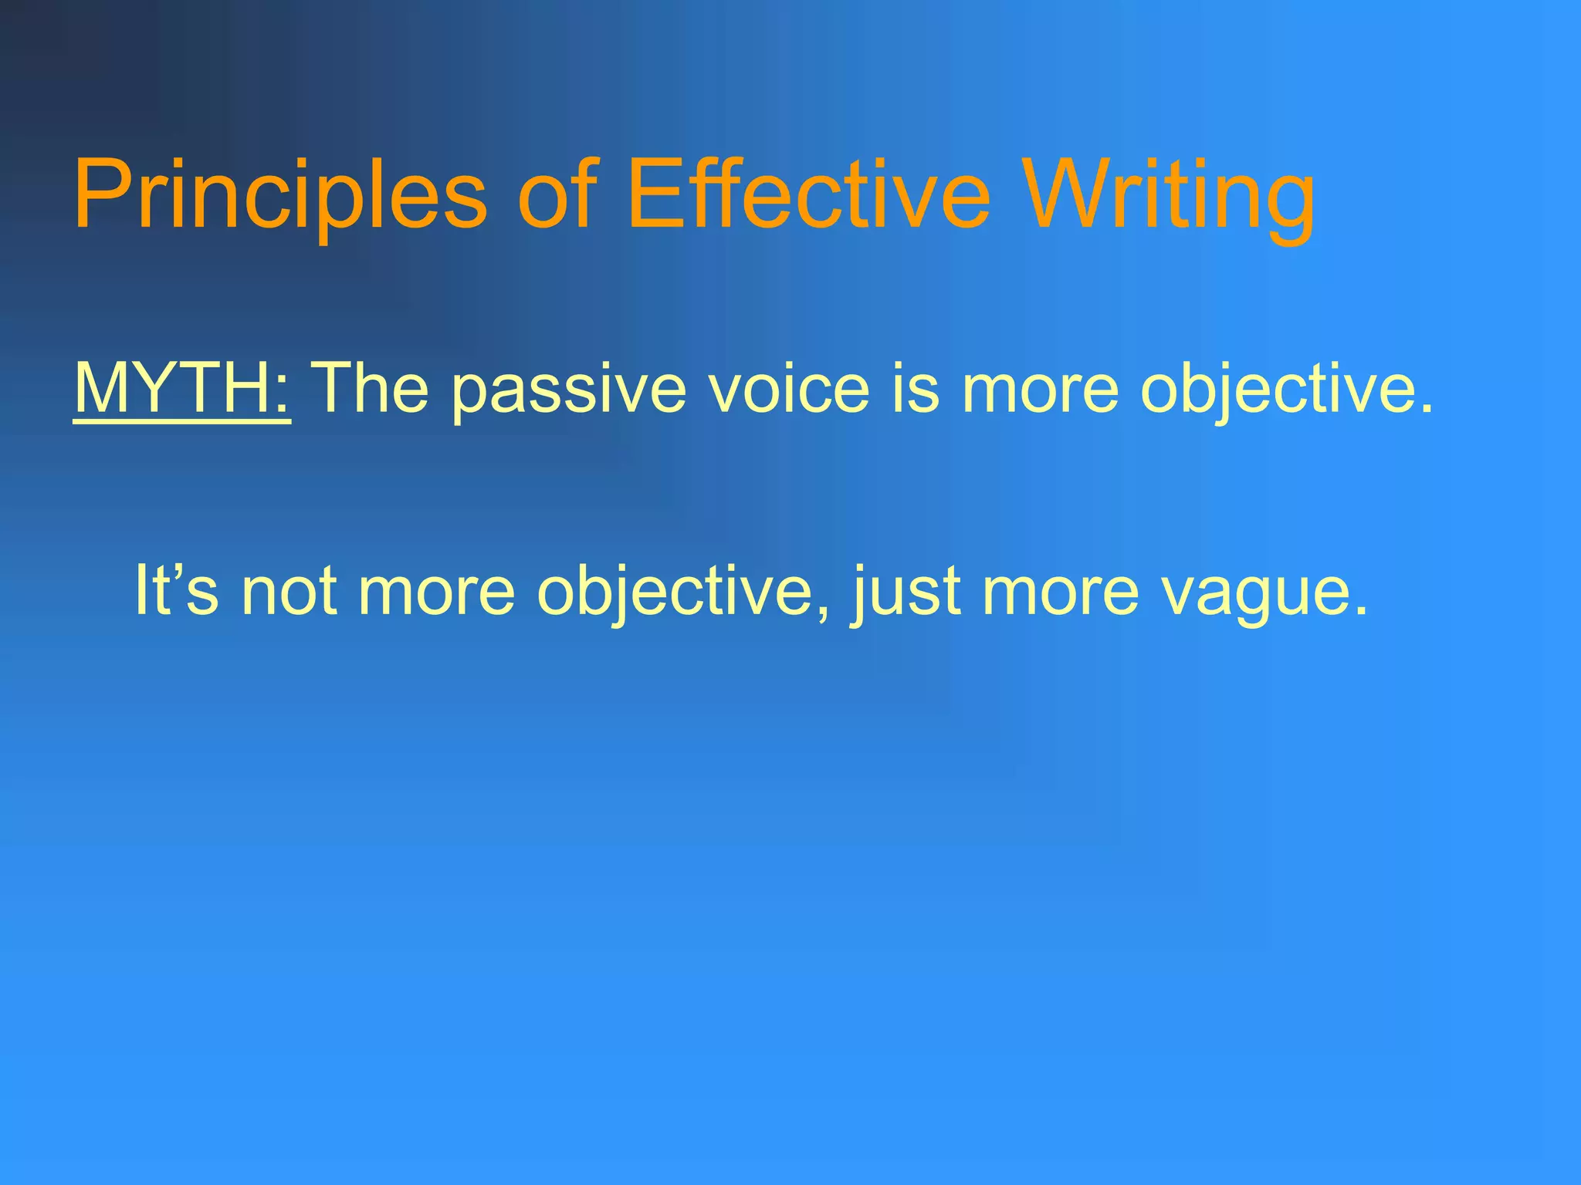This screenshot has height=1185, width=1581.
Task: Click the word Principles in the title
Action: click(280, 194)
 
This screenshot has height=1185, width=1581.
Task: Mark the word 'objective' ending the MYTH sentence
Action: click(1277, 390)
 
